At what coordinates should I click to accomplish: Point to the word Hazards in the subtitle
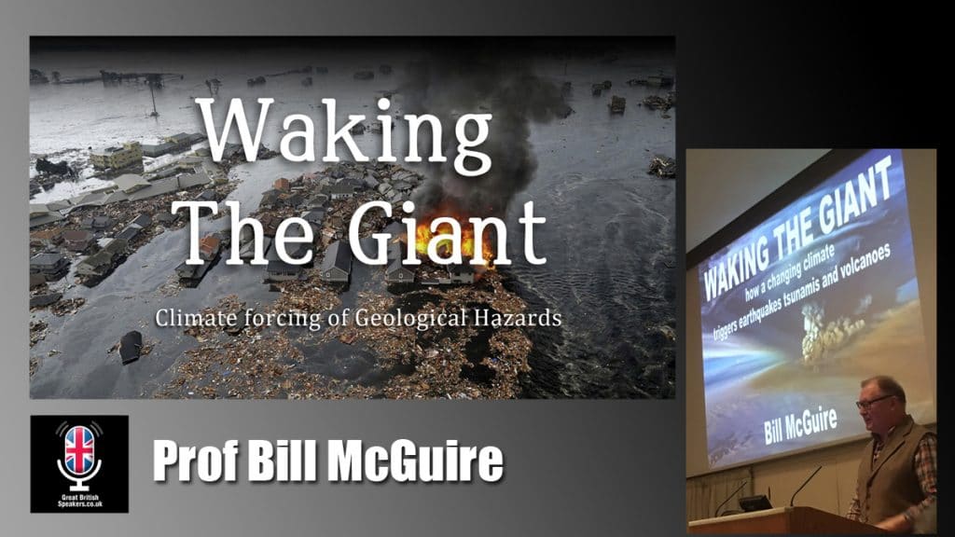(x=520, y=318)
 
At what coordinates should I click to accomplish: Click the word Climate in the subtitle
(x=189, y=318)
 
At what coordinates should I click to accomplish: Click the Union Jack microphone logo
(x=78, y=453)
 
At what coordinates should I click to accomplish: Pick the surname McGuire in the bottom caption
(x=425, y=461)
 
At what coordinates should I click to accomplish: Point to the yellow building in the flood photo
(x=116, y=156)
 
